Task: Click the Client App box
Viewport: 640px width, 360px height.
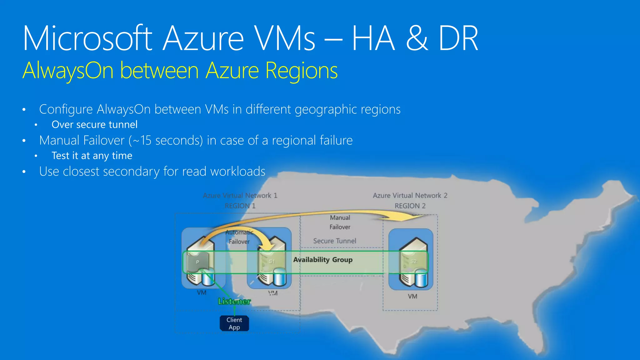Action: (x=234, y=323)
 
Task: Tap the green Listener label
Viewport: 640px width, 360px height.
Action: (x=234, y=302)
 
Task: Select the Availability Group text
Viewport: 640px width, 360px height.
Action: (x=323, y=260)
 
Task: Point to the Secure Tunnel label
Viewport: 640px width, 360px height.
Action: (x=335, y=241)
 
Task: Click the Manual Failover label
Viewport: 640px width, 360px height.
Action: (x=340, y=222)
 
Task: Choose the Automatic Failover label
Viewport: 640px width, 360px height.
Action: (x=239, y=237)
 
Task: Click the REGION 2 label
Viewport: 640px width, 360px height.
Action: (x=410, y=206)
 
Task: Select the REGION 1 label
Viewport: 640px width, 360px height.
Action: (x=240, y=206)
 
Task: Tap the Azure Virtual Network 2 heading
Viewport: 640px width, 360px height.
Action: (x=410, y=196)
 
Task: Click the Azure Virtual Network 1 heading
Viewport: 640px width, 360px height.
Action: (x=240, y=196)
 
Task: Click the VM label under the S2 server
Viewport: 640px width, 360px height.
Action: (x=412, y=296)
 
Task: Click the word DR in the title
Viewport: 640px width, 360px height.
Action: (x=458, y=39)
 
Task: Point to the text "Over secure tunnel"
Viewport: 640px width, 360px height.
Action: (x=94, y=125)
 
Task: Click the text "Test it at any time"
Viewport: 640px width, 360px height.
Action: (x=92, y=156)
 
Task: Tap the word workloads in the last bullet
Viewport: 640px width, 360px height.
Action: (x=238, y=172)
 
